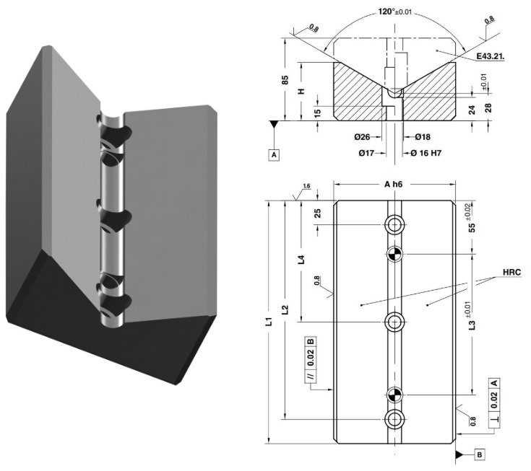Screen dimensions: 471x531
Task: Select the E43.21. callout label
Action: point(491,56)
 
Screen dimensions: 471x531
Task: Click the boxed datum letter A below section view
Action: point(275,154)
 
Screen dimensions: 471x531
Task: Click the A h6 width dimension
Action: point(394,185)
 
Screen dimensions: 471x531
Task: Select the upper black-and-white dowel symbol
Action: point(394,253)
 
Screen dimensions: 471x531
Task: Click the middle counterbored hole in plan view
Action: point(394,321)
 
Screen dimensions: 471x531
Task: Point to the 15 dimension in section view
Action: point(317,113)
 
